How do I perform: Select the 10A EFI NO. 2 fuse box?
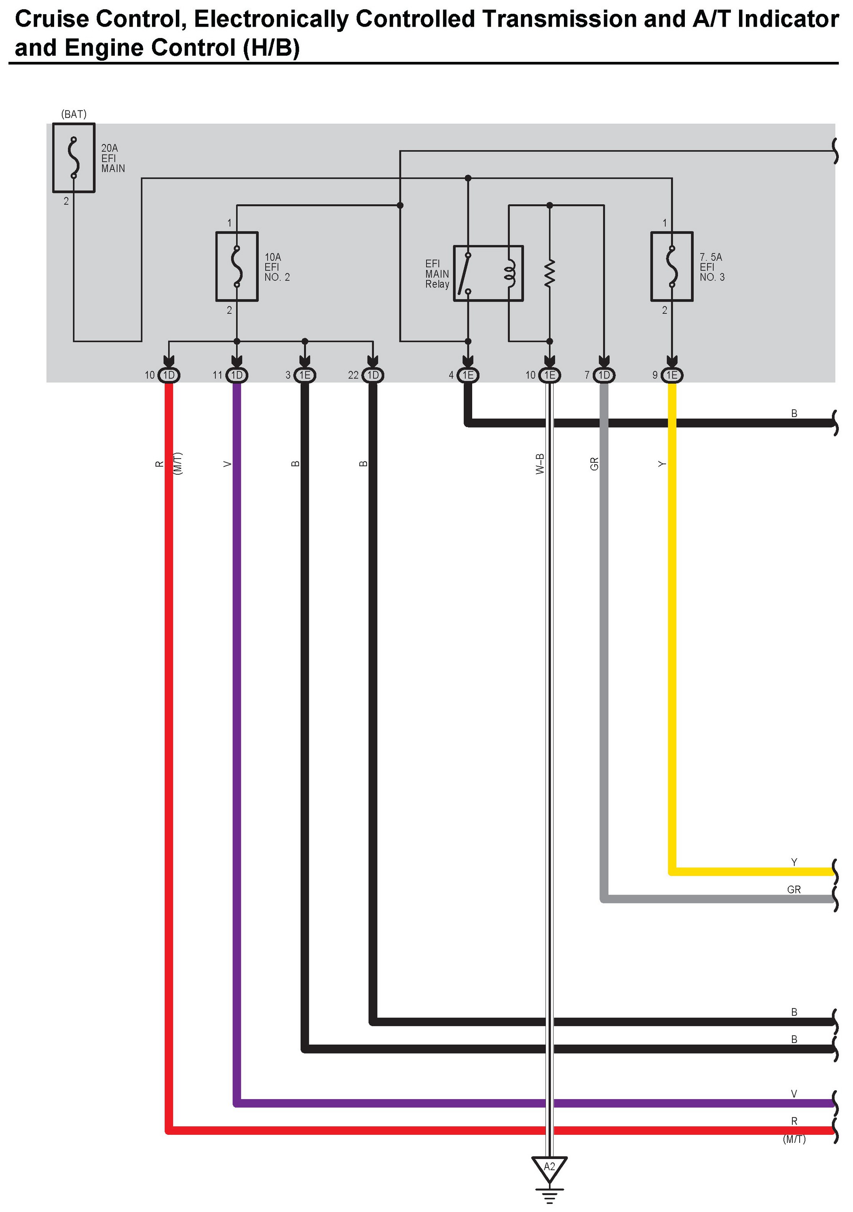click(x=237, y=267)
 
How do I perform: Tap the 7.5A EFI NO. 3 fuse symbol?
click(x=671, y=267)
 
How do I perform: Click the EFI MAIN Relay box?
click(x=488, y=273)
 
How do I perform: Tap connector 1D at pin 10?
click(x=169, y=375)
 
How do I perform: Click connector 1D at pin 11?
click(x=237, y=375)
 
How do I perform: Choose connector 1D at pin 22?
click(x=373, y=375)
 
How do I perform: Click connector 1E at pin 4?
click(x=468, y=375)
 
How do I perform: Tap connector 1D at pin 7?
click(x=604, y=375)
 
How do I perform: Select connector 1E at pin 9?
click(x=671, y=375)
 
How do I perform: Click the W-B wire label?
click(x=539, y=463)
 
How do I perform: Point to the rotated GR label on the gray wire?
click(x=594, y=463)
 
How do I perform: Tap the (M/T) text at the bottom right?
click(x=794, y=1139)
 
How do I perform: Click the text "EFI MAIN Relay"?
click(x=437, y=273)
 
